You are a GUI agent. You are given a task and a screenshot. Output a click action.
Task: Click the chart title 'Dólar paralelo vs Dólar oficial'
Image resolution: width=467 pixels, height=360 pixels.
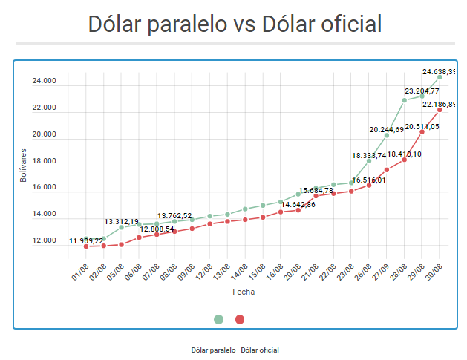click(235, 24)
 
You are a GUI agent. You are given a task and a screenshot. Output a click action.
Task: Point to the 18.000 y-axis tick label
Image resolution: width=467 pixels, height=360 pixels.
click(44, 161)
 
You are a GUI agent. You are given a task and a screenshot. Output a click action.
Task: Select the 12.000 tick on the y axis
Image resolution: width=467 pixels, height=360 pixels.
click(44, 240)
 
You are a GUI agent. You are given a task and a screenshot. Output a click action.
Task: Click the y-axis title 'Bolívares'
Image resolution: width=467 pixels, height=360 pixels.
click(24, 166)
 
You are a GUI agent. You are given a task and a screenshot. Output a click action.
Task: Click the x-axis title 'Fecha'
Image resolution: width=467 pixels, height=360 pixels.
click(244, 292)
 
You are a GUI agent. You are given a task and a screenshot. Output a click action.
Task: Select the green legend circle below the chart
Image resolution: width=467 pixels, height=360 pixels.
click(218, 319)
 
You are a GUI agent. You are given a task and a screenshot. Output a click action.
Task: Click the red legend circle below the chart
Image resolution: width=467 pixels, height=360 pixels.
click(240, 319)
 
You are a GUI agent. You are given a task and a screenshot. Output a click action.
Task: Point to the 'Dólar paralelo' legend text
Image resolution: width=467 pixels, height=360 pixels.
click(214, 349)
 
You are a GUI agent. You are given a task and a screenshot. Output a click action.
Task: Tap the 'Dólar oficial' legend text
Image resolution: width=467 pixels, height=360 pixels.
click(261, 349)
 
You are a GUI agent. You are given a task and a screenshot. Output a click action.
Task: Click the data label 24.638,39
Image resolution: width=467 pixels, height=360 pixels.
click(439, 72)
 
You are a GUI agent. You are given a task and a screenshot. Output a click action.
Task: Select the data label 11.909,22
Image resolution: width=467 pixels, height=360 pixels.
click(87, 240)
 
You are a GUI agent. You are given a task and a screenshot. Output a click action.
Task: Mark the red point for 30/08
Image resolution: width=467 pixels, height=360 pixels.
click(440, 110)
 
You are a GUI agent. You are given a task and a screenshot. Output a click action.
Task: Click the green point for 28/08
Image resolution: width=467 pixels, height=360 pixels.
click(405, 99)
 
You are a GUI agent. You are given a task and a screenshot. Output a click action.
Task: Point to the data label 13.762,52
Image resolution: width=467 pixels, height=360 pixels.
click(174, 215)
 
